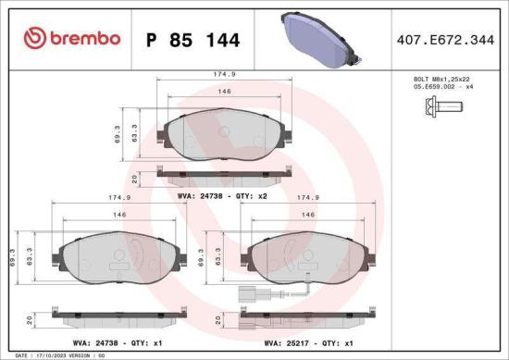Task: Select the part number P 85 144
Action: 193,40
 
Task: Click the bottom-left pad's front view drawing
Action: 122,254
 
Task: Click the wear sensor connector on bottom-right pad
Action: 246,298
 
